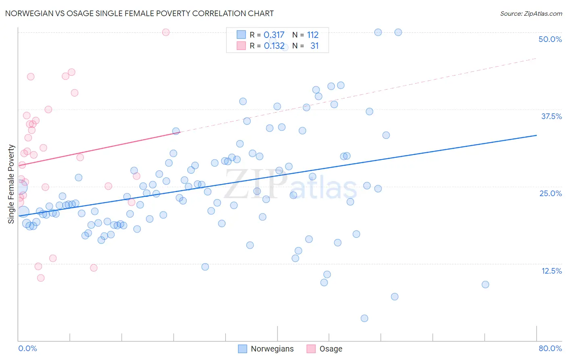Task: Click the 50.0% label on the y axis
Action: coord(550,39)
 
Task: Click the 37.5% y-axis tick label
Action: coord(551,116)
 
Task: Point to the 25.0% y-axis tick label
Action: coord(550,193)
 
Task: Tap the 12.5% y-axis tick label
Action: coord(551,271)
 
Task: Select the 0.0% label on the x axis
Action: coord(27,348)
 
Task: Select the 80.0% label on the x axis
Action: coord(550,348)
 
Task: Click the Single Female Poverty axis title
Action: coord(11,184)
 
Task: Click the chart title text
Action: coord(139,13)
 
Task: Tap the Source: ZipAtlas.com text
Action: coord(531,13)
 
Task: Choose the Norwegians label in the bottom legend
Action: coord(272,349)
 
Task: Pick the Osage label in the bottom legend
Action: coord(331,349)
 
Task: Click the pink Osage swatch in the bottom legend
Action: coord(311,349)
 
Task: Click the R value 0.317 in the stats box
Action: coord(274,35)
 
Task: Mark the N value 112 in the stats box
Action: coord(313,35)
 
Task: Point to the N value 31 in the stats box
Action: coord(315,46)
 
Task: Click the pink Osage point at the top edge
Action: coord(166,32)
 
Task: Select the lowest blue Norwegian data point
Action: coord(365,318)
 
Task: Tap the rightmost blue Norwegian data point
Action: coord(486,285)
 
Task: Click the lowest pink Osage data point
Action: coord(41,278)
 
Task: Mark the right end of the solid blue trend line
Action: coord(536,135)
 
